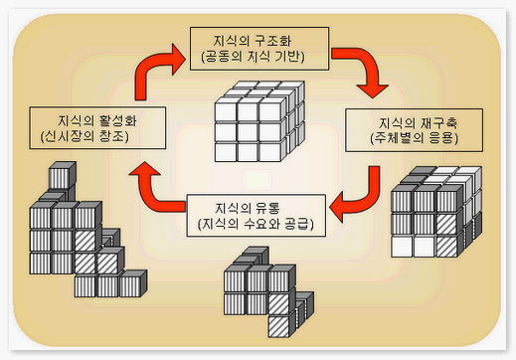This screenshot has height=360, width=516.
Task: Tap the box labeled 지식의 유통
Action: click(257, 217)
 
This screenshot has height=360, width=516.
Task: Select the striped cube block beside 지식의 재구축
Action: click(430, 215)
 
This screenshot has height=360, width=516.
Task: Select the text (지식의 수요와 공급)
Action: click(257, 225)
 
